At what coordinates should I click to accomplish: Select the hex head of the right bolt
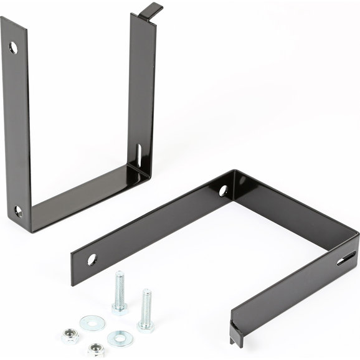(x=146, y=324)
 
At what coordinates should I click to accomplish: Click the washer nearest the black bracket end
(x=92, y=323)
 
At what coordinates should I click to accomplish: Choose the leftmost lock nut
(x=70, y=336)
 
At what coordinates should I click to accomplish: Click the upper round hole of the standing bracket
(x=13, y=47)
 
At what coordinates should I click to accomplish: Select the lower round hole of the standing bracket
(x=18, y=212)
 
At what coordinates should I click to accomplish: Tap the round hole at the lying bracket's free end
(x=92, y=259)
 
